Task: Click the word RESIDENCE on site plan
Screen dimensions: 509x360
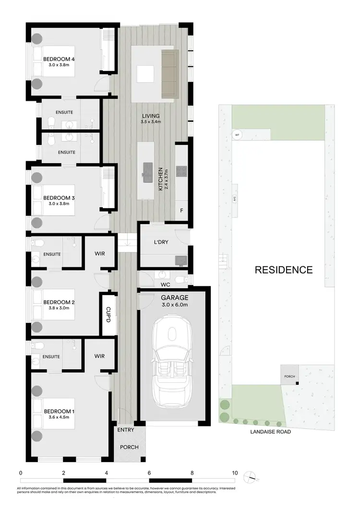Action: pos(283,270)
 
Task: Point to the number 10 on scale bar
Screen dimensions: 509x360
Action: pos(235,473)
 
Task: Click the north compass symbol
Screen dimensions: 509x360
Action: pos(250,477)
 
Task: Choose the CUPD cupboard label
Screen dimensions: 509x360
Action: pos(108,314)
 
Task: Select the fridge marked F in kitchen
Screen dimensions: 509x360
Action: pos(181,210)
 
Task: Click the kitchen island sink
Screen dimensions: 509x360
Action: pos(147,169)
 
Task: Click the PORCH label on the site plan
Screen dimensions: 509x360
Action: pos(289,376)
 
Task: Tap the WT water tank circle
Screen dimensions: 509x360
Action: pos(237,135)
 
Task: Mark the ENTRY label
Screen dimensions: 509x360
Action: pos(126,430)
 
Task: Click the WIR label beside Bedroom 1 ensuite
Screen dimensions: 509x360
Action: pos(99,356)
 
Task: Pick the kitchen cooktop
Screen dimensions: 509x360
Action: pos(182,171)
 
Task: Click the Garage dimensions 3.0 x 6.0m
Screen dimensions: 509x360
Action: pos(175,304)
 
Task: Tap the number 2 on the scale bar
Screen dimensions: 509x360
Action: pos(63,473)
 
